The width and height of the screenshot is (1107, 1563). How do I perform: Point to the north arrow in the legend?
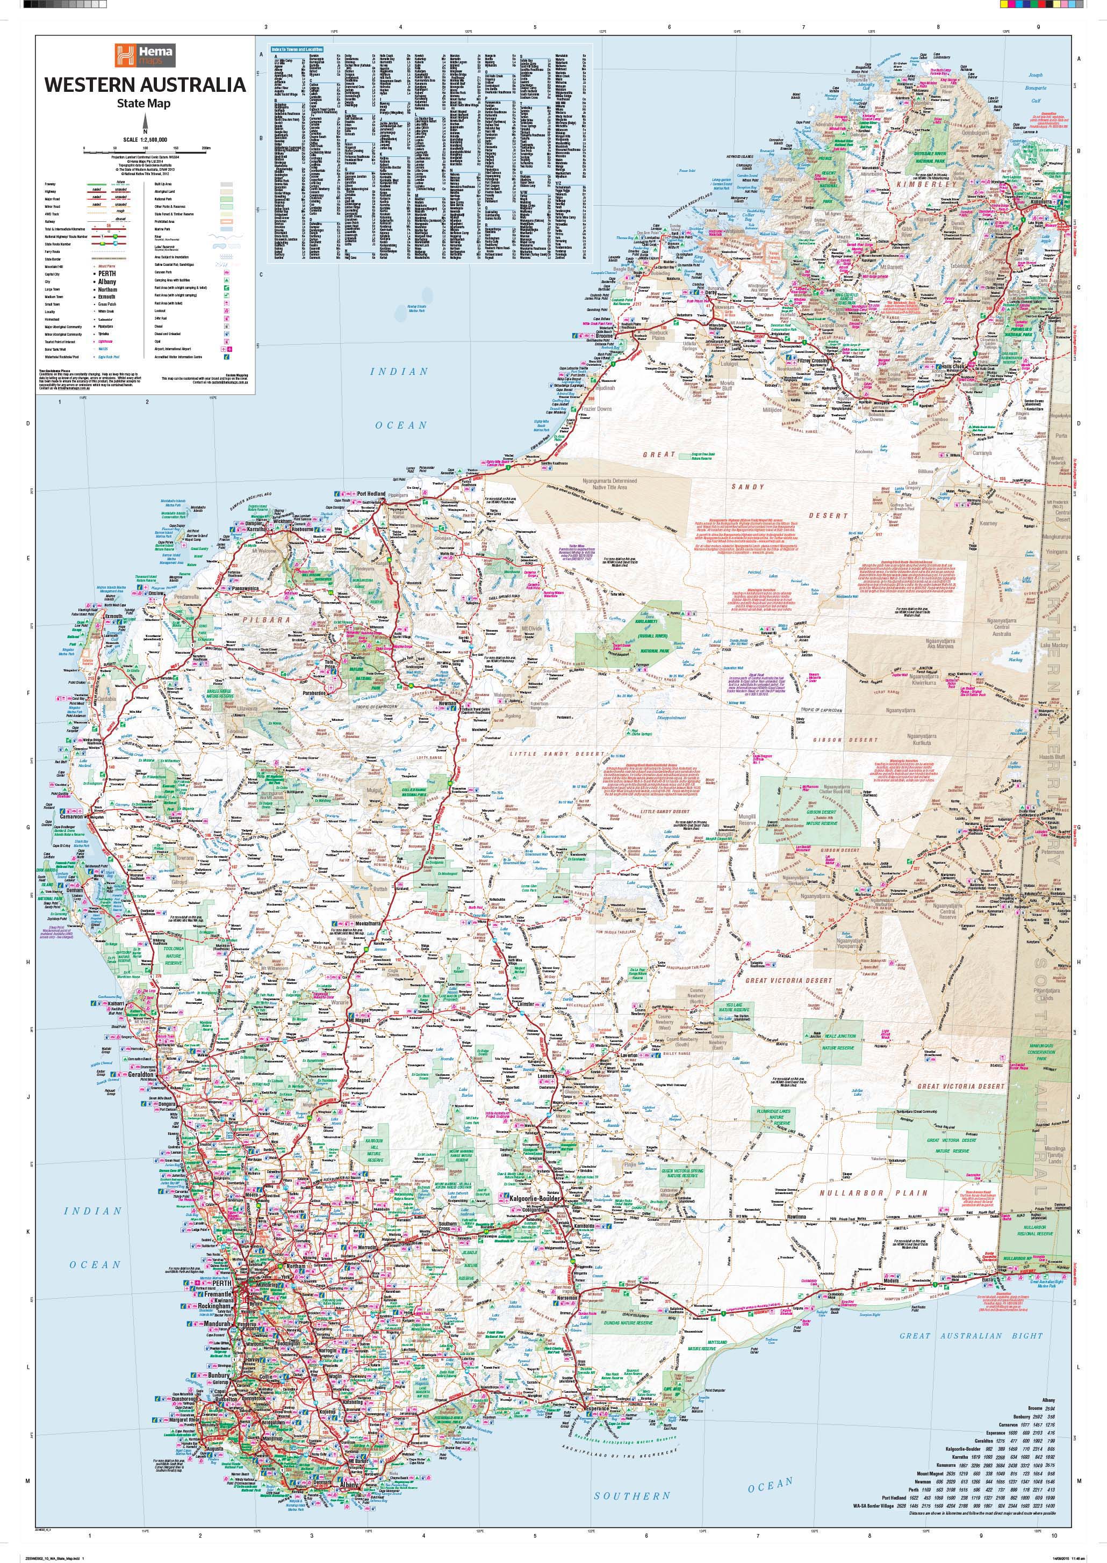coord(145,122)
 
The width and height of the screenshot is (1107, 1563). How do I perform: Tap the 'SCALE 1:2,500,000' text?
coord(145,139)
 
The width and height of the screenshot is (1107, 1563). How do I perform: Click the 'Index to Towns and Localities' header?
coord(297,49)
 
